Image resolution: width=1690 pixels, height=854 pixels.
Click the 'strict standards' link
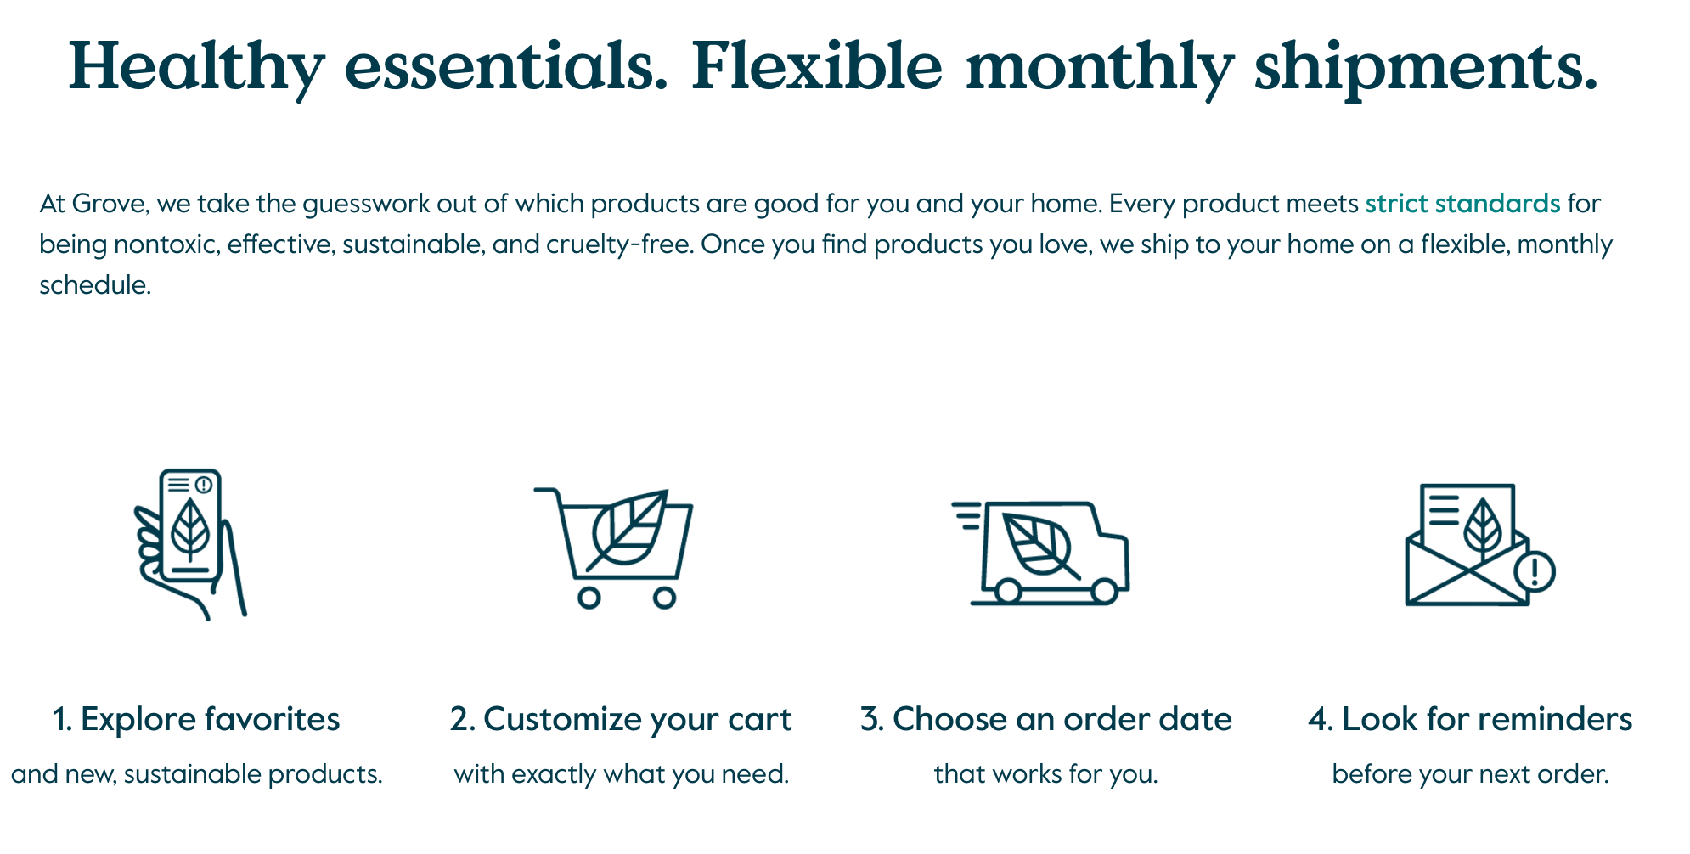pyautogui.click(x=1462, y=204)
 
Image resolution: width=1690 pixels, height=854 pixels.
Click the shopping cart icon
pyautogui.click(x=613, y=548)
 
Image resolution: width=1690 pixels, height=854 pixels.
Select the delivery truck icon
pyautogui.click(x=1041, y=552)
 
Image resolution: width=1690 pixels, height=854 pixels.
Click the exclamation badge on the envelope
pyautogui.click(x=1535, y=571)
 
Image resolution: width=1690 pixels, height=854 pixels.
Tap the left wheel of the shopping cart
pyautogui.click(x=589, y=598)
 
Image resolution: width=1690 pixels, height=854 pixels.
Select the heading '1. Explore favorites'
pyautogui.click(x=196, y=719)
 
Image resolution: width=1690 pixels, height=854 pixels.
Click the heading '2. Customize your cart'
pyautogui.click(x=621, y=720)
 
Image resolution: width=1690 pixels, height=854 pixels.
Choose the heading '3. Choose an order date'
pyautogui.click(x=1045, y=719)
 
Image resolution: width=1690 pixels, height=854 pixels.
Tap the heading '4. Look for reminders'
pyautogui.click(x=1470, y=719)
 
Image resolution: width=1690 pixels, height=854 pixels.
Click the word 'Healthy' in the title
pyautogui.click(x=196, y=68)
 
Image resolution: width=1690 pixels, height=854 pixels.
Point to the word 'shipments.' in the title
pyautogui.click(x=1426, y=68)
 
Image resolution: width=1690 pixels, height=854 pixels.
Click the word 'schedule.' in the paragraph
pyautogui.click(x=95, y=285)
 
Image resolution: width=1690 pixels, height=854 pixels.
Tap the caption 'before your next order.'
pyautogui.click(x=1470, y=774)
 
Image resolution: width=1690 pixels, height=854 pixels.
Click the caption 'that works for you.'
pyautogui.click(x=1045, y=774)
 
